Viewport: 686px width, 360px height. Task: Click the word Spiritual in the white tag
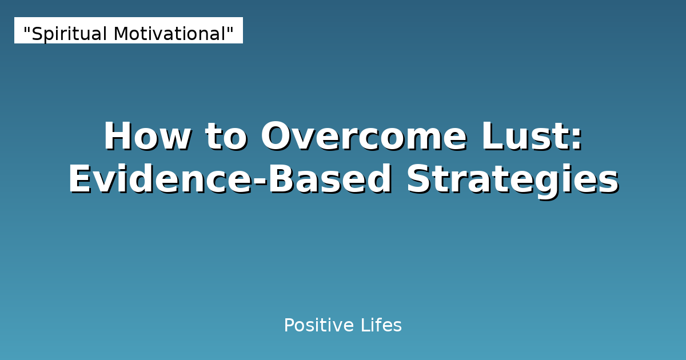tap(69, 34)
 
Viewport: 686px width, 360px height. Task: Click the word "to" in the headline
tap(225, 137)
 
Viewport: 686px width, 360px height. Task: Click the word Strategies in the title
tap(513, 180)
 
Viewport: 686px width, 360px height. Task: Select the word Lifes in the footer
tap(381, 326)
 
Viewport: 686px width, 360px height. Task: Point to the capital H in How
tap(117, 137)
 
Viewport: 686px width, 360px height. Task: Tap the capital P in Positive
tap(289, 326)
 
